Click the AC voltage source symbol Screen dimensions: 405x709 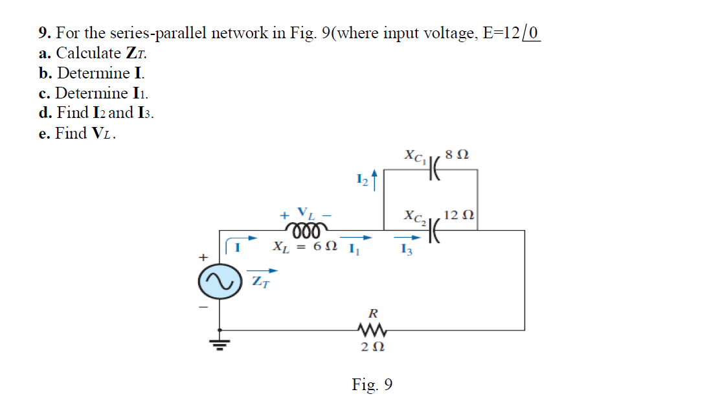(219, 283)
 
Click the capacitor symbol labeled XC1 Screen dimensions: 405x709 (434, 170)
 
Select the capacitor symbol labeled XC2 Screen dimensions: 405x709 (434, 229)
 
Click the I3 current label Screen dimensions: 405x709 (406, 251)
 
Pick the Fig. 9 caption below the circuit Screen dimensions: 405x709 (372, 385)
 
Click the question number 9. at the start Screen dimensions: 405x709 (45, 32)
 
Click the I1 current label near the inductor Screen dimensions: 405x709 (354, 248)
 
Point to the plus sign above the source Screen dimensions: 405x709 (203, 258)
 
